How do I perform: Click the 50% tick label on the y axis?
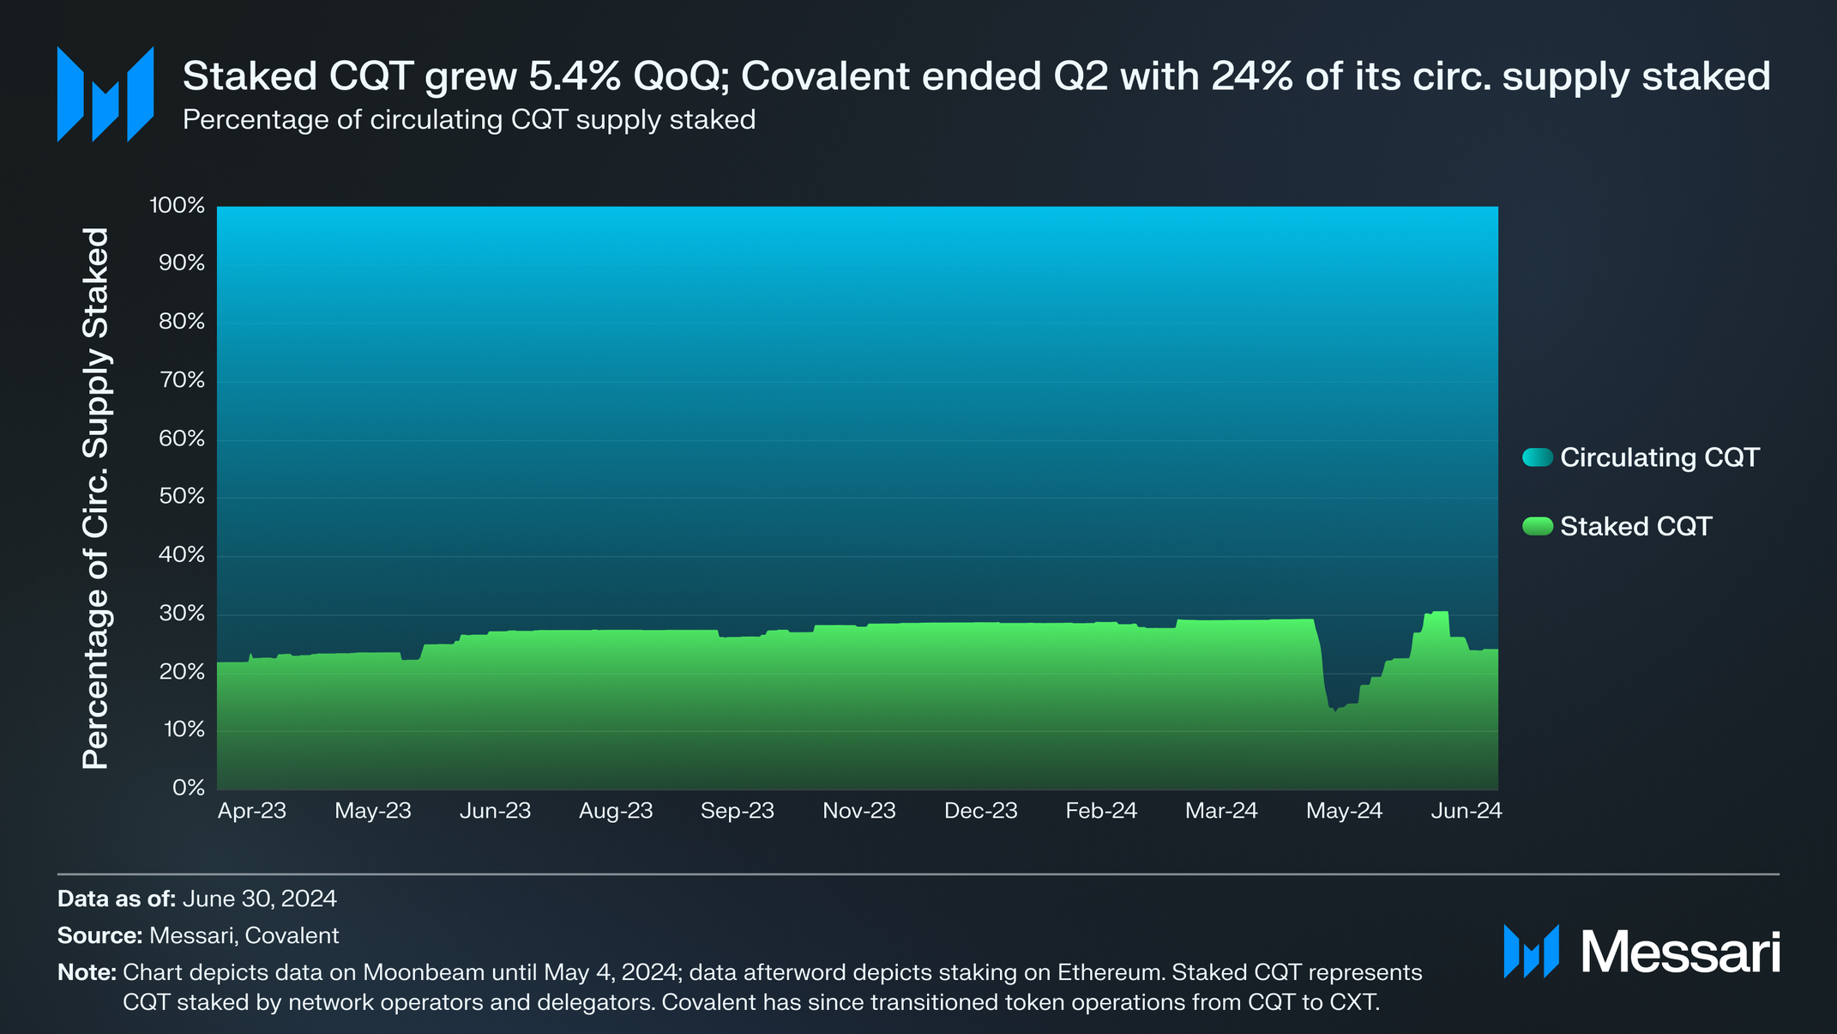coord(182,497)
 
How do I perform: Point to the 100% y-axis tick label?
coord(178,205)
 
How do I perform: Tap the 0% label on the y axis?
coord(189,787)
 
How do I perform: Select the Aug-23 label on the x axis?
coord(616,811)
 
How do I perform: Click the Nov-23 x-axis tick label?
coord(858,811)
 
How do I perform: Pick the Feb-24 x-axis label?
coord(1101,811)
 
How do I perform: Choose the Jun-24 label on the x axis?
coord(1466,811)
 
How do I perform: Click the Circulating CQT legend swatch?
coord(1537,457)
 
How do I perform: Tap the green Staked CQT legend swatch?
coord(1537,526)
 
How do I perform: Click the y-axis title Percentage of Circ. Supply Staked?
coord(96,498)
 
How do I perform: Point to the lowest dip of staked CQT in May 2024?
coord(1335,710)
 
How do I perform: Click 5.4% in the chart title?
coord(574,76)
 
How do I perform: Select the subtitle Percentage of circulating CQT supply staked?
coord(469,119)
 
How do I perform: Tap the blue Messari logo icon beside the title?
coord(105,94)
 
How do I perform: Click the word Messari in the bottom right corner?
coord(1680,952)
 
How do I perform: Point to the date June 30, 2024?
coord(259,898)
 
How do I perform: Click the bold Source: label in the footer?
coord(99,935)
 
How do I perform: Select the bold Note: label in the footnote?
coord(87,972)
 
